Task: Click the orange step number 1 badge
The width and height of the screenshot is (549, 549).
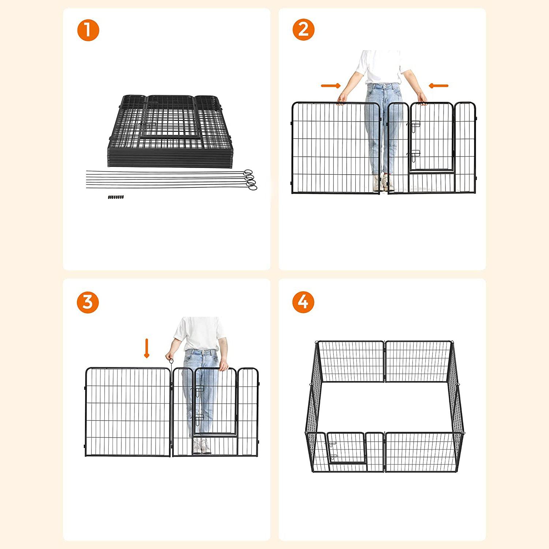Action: tap(88, 30)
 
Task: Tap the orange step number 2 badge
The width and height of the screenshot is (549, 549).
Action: tap(303, 29)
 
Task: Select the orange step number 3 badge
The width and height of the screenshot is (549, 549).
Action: tap(88, 302)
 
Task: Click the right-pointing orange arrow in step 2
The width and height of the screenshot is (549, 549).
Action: tap(331, 86)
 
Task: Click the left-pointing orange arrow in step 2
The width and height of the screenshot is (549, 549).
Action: tap(438, 86)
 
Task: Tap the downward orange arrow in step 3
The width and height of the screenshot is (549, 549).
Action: tap(147, 348)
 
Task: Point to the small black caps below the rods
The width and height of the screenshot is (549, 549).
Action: tap(116, 197)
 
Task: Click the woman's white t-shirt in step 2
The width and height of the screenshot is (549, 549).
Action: tap(381, 67)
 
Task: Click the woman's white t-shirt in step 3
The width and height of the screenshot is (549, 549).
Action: tap(200, 334)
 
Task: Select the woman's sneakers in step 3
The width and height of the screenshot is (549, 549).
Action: tap(202, 446)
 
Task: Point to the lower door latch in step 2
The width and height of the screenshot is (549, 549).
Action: tap(414, 155)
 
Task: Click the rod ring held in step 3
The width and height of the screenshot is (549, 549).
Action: tap(171, 360)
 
